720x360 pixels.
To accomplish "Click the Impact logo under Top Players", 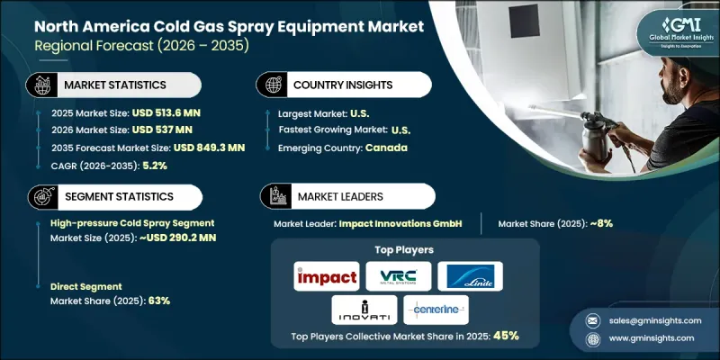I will [x=326, y=275].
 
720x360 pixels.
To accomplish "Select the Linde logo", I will [x=470, y=275].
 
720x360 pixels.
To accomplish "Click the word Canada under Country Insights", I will [x=387, y=148].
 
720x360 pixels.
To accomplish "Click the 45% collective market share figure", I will [x=505, y=335].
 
